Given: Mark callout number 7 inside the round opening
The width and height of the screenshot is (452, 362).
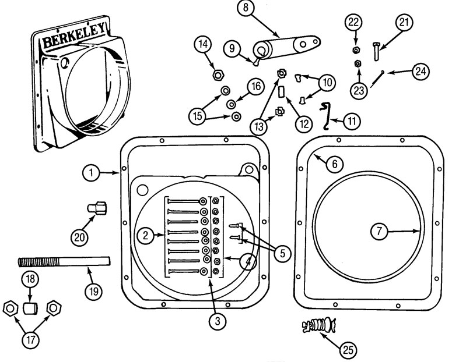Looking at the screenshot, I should point(379,230).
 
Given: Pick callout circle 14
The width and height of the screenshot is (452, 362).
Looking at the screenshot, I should point(203,44).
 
